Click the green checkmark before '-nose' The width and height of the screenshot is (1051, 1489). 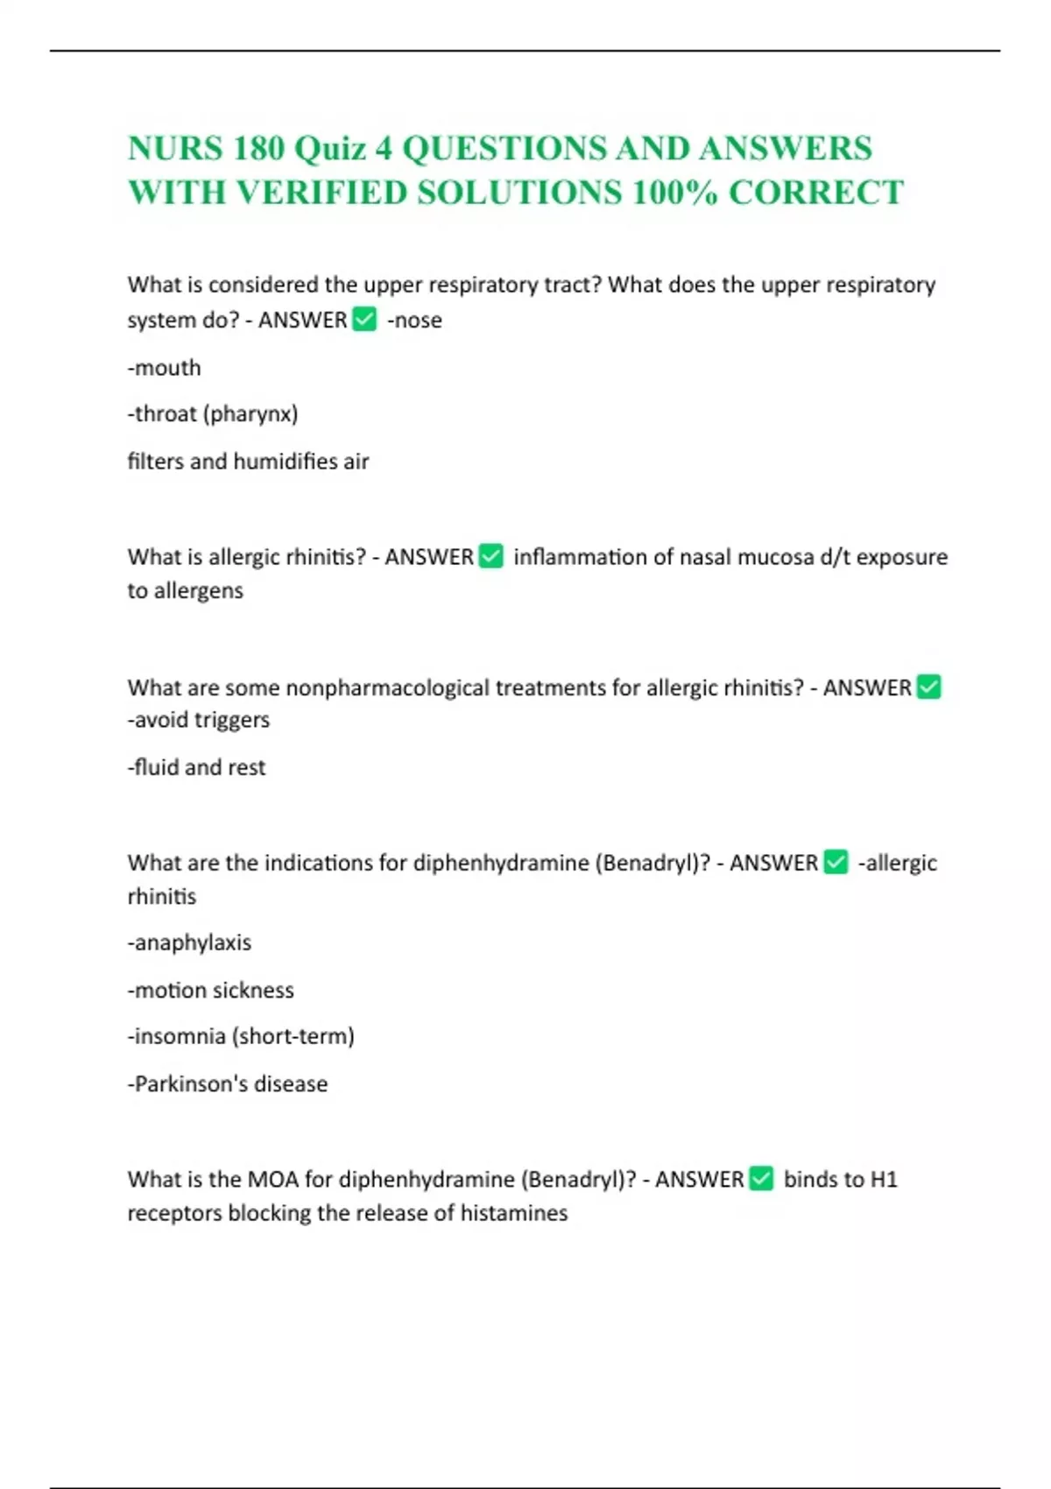click(364, 320)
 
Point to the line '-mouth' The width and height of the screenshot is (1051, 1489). click(165, 368)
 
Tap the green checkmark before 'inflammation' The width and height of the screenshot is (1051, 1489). click(491, 557)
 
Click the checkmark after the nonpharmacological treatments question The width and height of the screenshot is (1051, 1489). click(928, 688)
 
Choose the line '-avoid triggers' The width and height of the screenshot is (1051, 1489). click(199, 720)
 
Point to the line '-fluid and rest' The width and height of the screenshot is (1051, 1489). click(197, 767)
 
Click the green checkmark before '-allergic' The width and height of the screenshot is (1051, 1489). click(836, 863)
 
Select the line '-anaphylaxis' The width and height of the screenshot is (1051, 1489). click(190, 943)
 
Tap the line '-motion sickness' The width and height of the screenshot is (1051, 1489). click(211, 991)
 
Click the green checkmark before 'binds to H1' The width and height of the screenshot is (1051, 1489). click(762, 1180)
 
